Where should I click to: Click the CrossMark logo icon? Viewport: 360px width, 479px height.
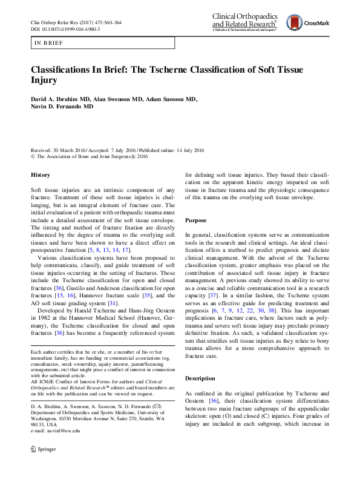pyautogui.click(x=296, y=23)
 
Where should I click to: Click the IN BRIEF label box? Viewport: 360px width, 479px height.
pyautogui.click(x=103, y=43)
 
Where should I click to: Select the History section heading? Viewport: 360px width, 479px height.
pyautogui.click(x=41, y=175)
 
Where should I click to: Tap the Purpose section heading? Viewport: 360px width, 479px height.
pyautogui.click(x=197, y=220)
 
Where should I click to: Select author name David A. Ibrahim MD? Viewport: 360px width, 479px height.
pyautogui.click(x=60, y=99)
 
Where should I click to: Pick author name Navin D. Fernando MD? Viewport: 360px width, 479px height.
pyautogui.click(x=62, y=107)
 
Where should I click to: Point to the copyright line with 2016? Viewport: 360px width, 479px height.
pyautogui.click(x=89, y=155)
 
